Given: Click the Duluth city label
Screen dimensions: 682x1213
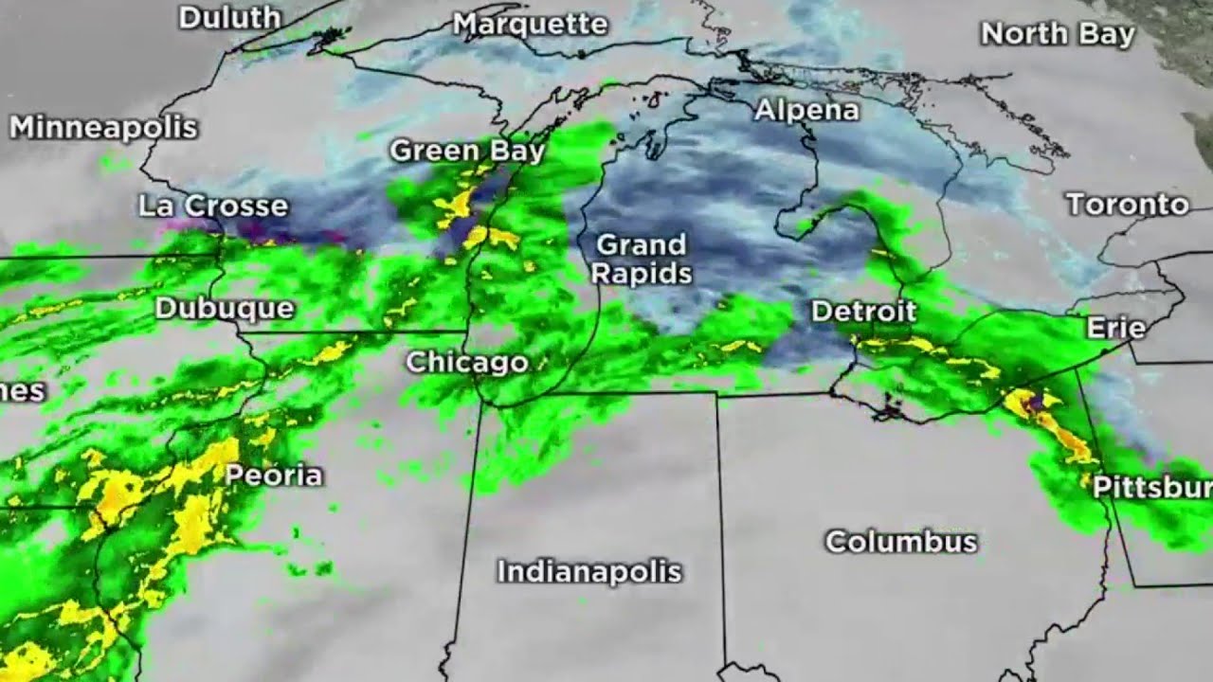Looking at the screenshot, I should pyautogui.click(x=229, y=17).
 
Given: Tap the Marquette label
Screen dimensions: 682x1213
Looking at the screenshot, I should pyautogui.click(x=530, y=24).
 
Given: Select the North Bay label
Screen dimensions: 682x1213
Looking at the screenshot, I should pyautogui.click(x=1058, y=34).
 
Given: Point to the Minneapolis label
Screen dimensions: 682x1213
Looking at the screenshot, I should pyautogui.click(x=103, y=127).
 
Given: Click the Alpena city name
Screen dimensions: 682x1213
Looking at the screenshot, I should pyautogui.click(x=806, y=110).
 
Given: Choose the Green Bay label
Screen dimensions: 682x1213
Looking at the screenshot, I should pyautogui.click(x=467, y=151).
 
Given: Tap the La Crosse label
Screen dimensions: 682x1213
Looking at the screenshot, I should pyautogui.click(x=212, y=206).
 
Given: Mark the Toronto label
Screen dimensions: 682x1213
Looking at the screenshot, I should pyautogui.click(x=1127, y=204).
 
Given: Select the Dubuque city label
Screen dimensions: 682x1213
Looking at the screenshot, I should pyautogui.click(x=225, y=308).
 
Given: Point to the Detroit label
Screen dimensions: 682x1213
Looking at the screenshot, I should pyautogui.click(x=863, y=311).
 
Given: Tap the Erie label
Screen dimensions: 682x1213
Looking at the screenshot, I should pyautogui.click(x=1115, y=329).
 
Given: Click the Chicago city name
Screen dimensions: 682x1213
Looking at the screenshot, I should pyautogui.click(x=467, y=362).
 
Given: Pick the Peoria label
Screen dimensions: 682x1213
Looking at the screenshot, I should pyautogui.click(x=274, y=475).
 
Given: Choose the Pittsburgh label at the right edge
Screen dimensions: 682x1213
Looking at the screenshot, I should pyautogui.click(x=1151, y=487).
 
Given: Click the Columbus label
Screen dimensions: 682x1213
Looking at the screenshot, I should pyautogui.click(x=900, y=542).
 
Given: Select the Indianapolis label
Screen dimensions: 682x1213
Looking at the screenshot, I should pyautogui.click(x=589, y=571).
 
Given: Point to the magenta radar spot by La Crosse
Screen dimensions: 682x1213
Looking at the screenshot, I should pyautogui.click(x=176, y=226).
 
